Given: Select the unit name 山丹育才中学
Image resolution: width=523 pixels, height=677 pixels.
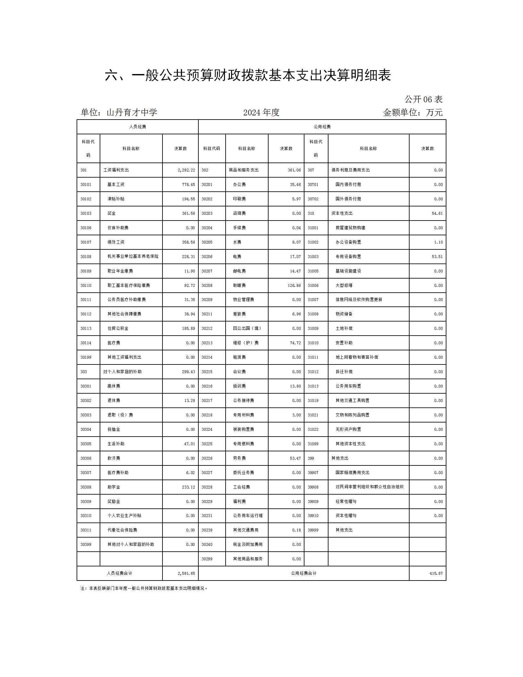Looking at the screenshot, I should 132,113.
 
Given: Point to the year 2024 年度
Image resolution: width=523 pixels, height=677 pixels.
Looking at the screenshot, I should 261,113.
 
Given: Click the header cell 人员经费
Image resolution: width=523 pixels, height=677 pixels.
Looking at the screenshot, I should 137,127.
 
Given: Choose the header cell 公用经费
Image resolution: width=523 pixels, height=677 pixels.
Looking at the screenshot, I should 322,127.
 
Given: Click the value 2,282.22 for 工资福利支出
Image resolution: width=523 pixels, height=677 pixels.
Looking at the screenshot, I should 186,170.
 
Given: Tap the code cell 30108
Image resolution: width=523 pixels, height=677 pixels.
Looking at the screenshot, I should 86,257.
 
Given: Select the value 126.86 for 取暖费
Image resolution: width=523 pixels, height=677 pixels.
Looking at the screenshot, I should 294,286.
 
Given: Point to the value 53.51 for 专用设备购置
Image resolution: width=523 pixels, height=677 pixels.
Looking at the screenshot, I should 437,257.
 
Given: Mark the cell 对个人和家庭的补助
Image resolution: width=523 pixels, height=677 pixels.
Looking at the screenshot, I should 122,372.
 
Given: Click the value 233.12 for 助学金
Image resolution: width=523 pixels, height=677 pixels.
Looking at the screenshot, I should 188,487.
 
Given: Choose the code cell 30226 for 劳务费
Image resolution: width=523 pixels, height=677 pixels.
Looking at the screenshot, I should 207,458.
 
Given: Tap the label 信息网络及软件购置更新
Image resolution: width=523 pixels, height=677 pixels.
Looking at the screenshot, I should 359,300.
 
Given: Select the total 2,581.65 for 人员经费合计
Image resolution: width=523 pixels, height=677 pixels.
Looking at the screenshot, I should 186,573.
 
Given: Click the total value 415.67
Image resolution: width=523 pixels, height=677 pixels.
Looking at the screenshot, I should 436,573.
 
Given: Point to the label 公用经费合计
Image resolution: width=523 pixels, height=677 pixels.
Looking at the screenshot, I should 303,573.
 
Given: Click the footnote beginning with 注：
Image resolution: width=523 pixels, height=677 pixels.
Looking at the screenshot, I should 144,589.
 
